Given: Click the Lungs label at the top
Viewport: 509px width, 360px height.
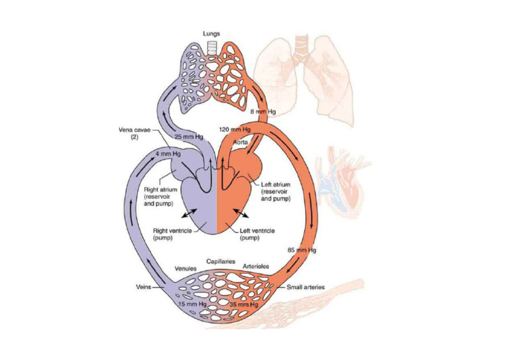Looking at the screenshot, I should [211, 33].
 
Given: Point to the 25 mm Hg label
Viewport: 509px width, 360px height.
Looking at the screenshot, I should [188, 137].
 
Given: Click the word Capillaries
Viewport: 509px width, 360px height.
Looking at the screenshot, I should [219, 261].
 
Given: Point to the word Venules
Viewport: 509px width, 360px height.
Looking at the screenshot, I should [186, 269].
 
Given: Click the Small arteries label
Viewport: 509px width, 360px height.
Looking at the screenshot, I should [306, 288].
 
